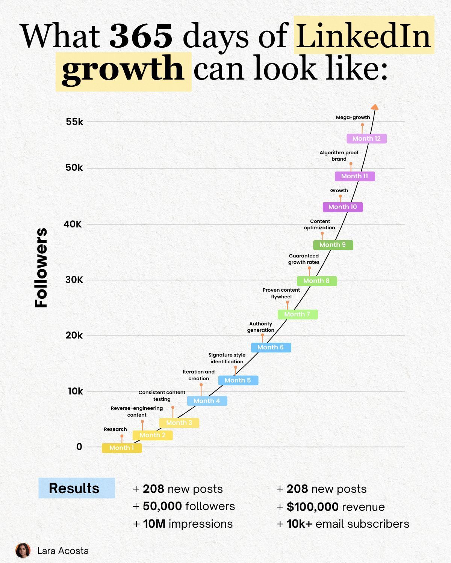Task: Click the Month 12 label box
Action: [366, 138]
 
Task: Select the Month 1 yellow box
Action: [122, 448]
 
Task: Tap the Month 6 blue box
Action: [271, 348]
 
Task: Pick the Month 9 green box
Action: [333, 245]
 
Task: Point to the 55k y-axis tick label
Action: [74, 122]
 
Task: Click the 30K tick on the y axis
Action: [74, 280]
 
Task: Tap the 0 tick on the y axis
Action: [79, 447]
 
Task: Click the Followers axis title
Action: [41, 268]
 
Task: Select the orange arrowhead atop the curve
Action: [375, 107]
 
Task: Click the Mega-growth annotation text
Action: [353, 117]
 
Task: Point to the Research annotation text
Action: [115, 429]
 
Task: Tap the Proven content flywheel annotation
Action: [281, 293]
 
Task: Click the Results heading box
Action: [77, 488]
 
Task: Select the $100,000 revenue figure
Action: [331, 507]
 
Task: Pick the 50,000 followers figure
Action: [184, 506]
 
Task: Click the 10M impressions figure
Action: [183, 524]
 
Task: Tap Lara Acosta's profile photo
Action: [23, 551]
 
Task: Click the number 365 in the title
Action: [141, 36]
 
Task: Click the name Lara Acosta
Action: [63, 551]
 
